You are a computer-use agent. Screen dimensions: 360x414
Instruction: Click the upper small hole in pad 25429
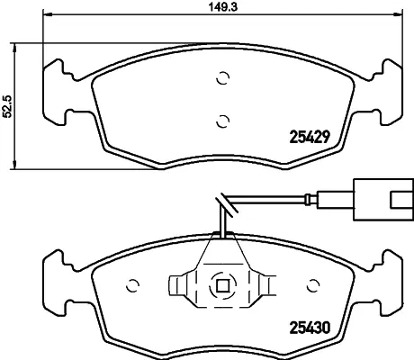click(220, 79)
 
